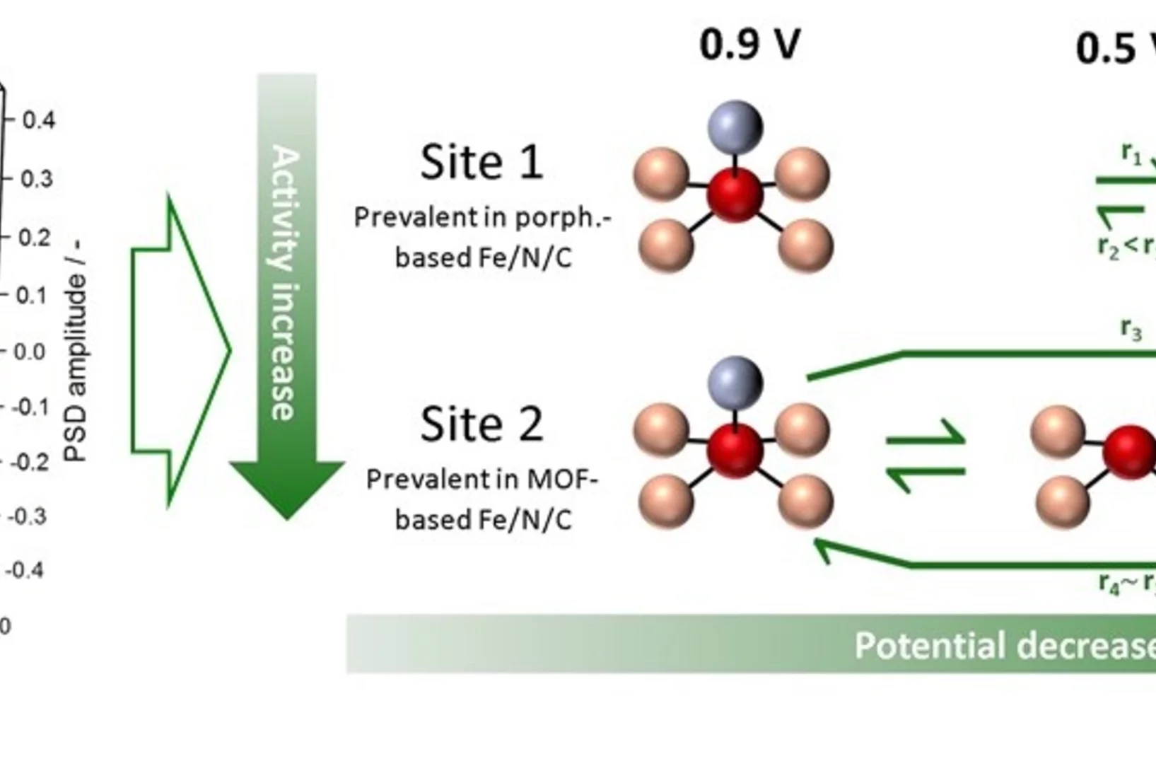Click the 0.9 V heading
pyautogui.click(x=749, y=44)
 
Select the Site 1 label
pyautogui.click(x=481, y=162)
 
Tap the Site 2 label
pyautogui.click(x=481, y=424)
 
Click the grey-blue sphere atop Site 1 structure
pyautogui.click(x=735, y=127)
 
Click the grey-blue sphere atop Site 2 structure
pyautogui.click(x=735, y=383)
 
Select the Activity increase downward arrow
pyautogui.click(x=286, y=297)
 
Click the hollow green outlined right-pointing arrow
pyautogui.click(x=180, y=350)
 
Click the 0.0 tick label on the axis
pyautogui.click(x=29, y=352)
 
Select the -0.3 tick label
pyautogui.click(x=27, y=516)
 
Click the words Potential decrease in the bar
pyautogui.click(x=1004, y=645)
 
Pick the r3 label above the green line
pyautogui.click(x=1131, y=330)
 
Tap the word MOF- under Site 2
pyautogui.click(x=562, y=480)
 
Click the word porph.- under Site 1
pyautogui.click(x=562, y=218)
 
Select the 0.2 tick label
pyautogui.click(x=35, y=237)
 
